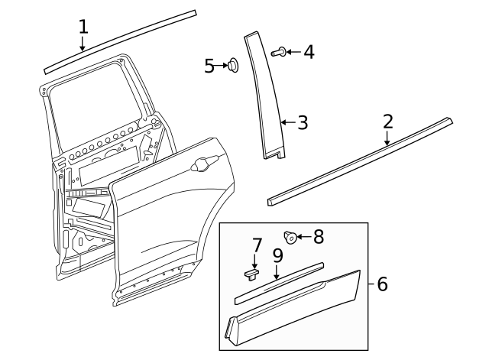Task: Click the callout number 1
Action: pos(83,27)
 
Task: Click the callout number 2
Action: pos(387,121)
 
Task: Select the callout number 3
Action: pos(303,122)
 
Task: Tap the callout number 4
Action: pos(309,52)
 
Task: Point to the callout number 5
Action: pos(209,66)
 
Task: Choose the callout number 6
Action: pos(383,284)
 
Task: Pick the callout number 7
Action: pos(257,245)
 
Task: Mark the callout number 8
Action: pos(318,236)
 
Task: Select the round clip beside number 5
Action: pos(232,66)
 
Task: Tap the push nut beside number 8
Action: pos(290,237)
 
